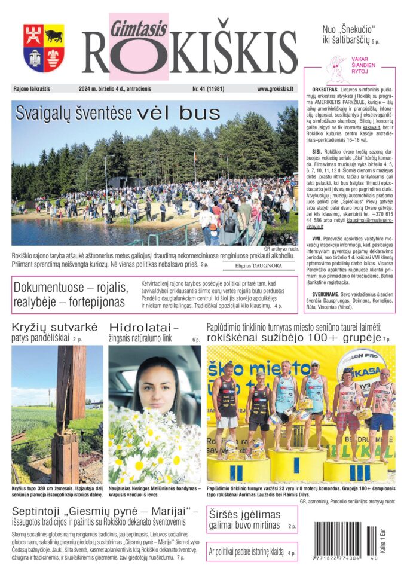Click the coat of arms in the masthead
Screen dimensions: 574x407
44,48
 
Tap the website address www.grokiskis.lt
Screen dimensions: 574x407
275,89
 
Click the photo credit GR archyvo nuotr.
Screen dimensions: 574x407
280,249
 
